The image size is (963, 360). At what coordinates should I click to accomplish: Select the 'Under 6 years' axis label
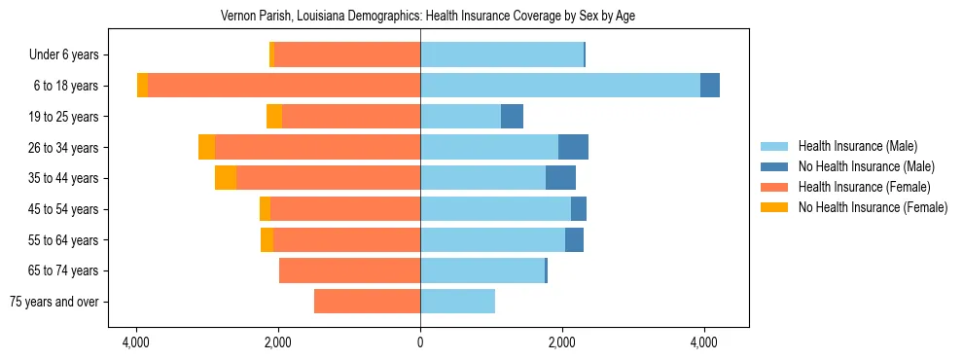69,54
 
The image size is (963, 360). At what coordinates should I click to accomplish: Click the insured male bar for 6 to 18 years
559,86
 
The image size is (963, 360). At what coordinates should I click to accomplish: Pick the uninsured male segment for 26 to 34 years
573,147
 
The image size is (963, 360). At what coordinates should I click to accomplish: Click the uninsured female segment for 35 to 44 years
226,178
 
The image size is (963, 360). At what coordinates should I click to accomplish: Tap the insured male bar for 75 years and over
457,302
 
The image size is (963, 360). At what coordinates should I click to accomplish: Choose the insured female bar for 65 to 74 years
349,270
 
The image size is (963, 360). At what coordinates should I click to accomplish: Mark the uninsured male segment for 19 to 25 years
512,117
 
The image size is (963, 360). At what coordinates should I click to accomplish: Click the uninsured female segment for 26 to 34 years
206,147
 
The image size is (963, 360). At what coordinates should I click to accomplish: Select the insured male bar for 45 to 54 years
495,209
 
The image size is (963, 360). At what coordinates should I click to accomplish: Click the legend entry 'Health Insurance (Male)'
857,146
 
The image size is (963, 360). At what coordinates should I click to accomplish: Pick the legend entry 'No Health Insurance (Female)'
873,207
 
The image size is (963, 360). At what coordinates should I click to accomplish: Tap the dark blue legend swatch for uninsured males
775,166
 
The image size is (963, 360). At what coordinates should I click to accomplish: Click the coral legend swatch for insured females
775,187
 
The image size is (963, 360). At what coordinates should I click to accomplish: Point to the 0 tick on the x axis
420,342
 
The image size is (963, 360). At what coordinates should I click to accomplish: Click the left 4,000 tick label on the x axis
136,342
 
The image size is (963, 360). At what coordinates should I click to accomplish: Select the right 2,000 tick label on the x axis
562,342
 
